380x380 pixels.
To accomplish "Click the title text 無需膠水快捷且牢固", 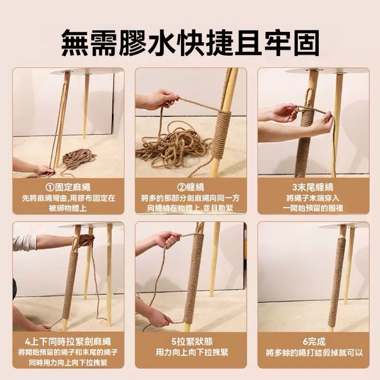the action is coord(190,43).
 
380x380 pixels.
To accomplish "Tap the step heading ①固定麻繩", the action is coord(68,187).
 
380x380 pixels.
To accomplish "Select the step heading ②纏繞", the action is coord(191,187).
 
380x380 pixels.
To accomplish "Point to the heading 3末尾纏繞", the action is coord(313,187).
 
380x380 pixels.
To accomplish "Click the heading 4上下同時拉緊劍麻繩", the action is coord(68,342).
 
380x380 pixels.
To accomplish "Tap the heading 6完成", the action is coord(314,342).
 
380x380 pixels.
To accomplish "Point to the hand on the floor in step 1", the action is coord(45,170).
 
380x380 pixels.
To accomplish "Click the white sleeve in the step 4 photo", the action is coord(24,243).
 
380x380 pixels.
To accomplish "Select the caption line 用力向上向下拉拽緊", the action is coord(192,353).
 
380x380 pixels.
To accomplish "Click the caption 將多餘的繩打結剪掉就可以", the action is coord(314,353).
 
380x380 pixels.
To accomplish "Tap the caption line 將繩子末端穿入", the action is coord(313,198).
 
